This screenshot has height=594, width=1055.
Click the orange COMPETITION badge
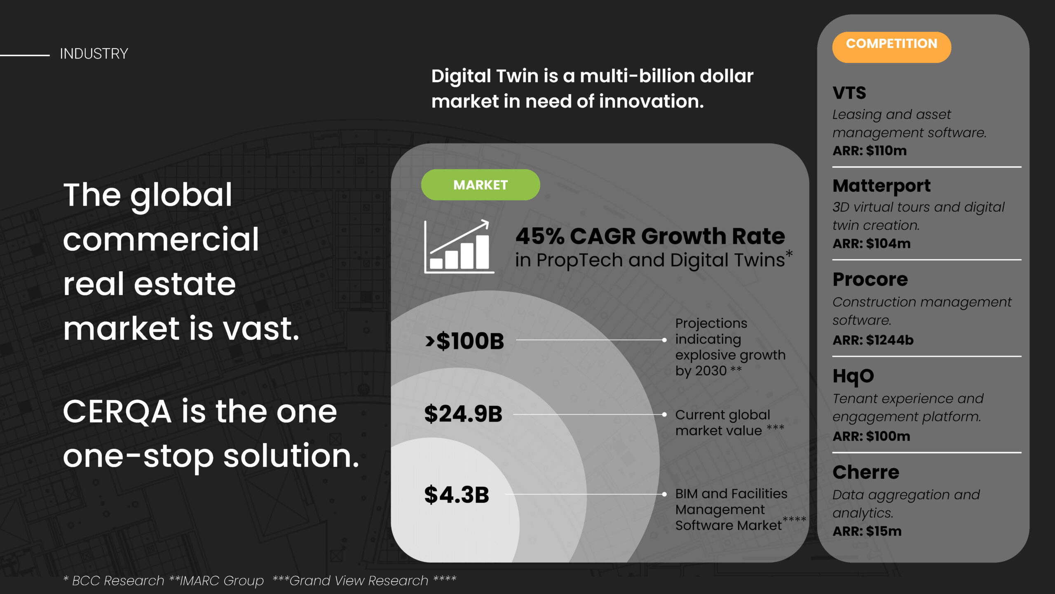[891, 47]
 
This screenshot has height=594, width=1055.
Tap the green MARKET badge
[481, 184]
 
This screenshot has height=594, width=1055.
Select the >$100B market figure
[464, 341]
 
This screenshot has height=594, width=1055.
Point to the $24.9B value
[463, 414]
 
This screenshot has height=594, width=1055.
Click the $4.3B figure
[457, 495]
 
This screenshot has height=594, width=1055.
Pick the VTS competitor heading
[849, 92]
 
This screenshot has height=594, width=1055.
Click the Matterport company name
[882, 186]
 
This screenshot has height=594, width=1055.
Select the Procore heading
[870, 279]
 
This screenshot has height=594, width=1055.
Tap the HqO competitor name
[853, 376]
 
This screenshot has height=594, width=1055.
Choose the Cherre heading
[865, 472]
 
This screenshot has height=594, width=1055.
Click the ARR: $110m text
[870, 151]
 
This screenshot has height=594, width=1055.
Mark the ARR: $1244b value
[873, 340]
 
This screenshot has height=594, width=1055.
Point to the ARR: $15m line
[867, 531]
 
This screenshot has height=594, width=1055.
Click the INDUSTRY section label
[94, 54]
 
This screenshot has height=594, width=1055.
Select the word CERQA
[117, 412]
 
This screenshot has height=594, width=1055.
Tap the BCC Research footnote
[114, 580]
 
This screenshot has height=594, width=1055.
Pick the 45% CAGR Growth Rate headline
[650, 236]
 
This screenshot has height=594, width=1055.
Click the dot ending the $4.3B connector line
[664, 494]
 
